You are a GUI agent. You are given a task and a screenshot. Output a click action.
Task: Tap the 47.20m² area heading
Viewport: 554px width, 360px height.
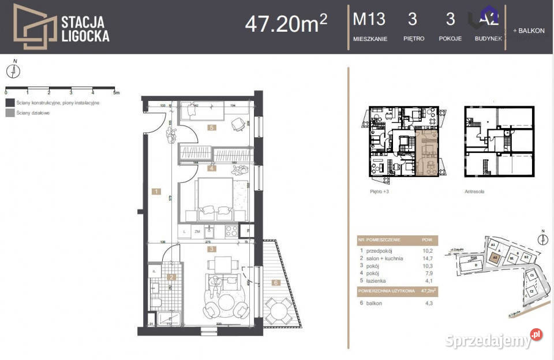point(286,23)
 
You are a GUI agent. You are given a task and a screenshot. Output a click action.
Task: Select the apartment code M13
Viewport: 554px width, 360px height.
point(369,19)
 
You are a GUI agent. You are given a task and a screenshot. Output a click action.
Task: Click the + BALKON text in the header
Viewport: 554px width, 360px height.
point(528,31)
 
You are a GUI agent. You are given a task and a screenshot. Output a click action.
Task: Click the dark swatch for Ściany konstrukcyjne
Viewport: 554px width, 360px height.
point(9,102)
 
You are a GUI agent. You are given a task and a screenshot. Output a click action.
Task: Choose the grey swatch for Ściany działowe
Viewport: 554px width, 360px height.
point(9,114)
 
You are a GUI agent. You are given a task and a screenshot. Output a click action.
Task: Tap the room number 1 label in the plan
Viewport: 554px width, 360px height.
point(156,191)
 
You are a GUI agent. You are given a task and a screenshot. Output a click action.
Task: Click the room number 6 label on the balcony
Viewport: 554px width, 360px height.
point(275,283)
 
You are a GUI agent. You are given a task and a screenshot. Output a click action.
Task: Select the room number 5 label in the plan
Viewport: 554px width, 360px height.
point(212,128)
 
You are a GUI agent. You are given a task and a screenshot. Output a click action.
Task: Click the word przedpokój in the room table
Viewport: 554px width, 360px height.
point(380,251)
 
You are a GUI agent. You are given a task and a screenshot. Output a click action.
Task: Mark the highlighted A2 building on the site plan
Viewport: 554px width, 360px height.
point(495,258)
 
